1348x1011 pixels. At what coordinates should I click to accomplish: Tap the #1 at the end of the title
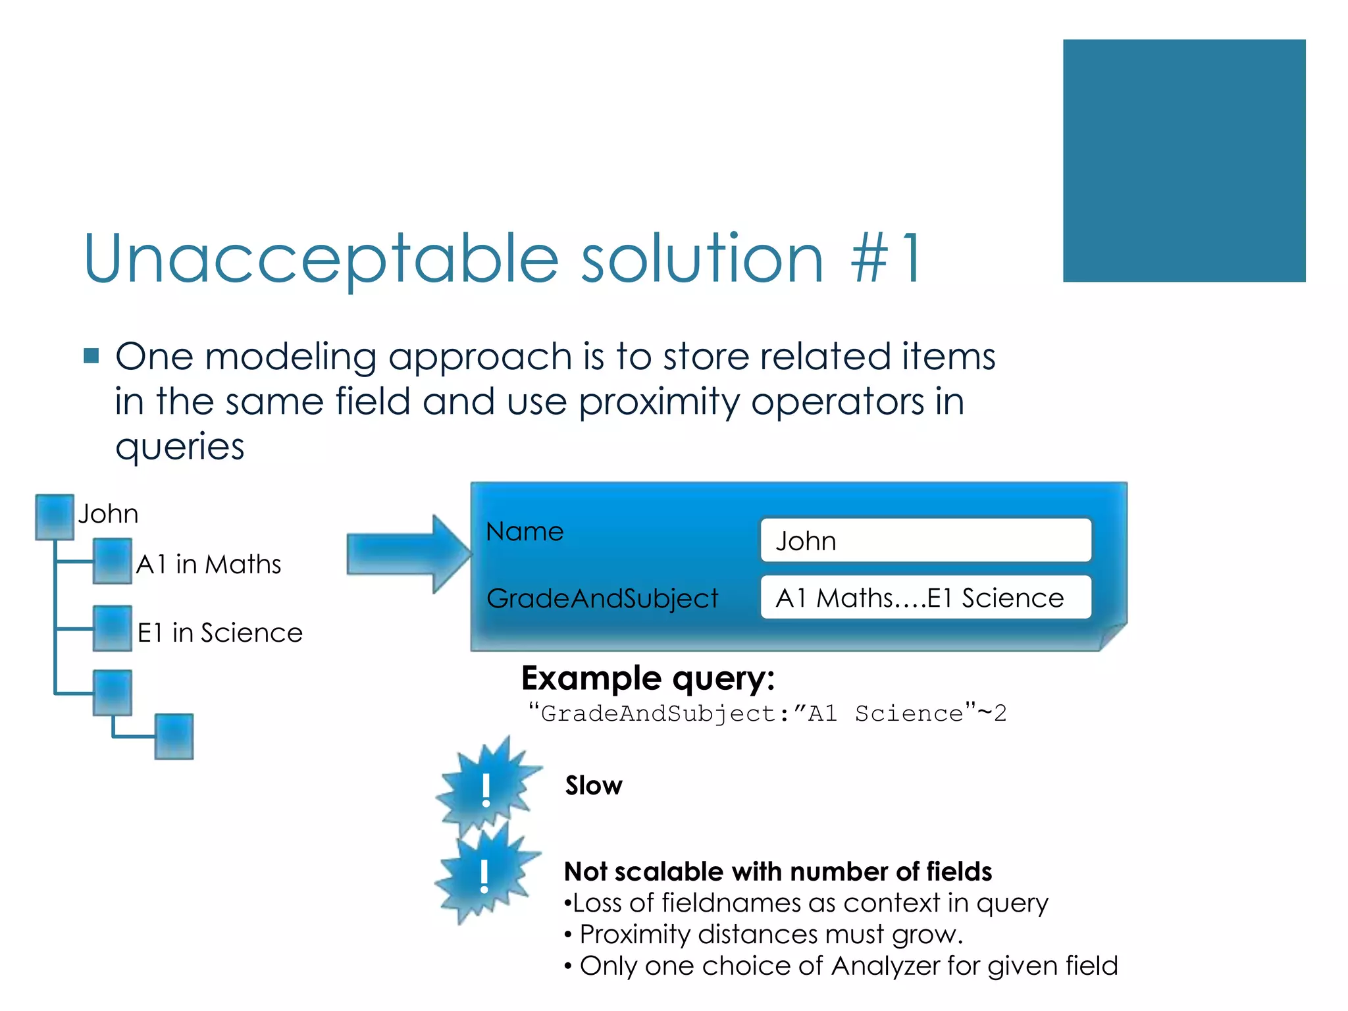pos(887,259)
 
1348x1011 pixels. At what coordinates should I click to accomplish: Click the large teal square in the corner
pos(1183,161)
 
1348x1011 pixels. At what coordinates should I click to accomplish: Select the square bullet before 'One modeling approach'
pos(91,356)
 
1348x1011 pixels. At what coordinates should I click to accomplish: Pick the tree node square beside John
pos(55,516)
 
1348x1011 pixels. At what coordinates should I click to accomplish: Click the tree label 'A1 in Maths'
pos(208,565)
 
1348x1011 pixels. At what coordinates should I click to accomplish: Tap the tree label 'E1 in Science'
pos(219,633)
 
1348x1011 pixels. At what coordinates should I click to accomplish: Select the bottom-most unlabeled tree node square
pos(174,737)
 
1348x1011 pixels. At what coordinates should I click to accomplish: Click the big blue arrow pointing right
pos(408,554)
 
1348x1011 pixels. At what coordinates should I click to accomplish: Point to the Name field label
pos(525,532)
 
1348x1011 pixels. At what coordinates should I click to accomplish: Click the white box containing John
pos(925,540)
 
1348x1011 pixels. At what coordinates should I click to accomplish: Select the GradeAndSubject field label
pos(602,598)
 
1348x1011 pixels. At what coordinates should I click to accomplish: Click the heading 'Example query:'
pos(648,678)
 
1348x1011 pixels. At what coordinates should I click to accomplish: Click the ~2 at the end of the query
pos(992,713)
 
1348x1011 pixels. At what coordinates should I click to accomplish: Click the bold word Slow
pos(593,786)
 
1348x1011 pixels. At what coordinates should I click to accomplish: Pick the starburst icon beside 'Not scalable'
pos(485,876)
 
